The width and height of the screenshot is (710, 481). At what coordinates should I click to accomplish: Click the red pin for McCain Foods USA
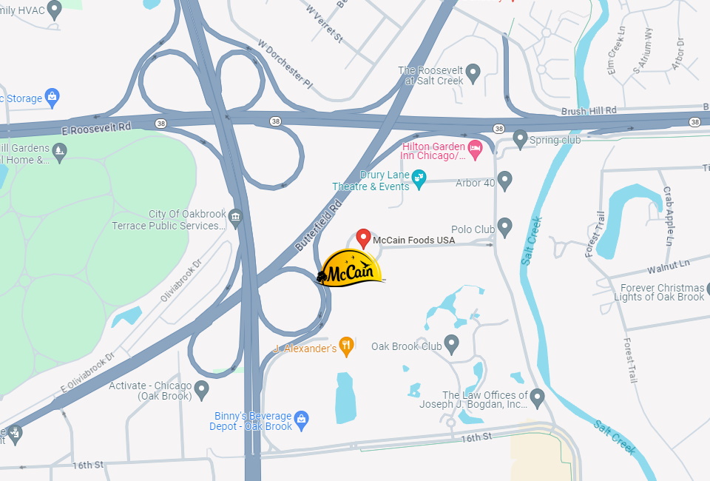363,238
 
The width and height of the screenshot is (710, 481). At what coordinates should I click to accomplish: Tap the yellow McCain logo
351,269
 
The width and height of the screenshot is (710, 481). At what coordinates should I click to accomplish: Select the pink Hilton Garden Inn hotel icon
476,149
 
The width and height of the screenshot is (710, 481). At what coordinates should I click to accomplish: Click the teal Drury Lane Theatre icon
419,179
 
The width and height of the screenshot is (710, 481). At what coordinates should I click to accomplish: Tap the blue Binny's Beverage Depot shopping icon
301,420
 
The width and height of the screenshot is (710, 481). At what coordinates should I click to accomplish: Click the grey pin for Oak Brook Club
451,343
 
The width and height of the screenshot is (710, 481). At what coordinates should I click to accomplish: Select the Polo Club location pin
505,226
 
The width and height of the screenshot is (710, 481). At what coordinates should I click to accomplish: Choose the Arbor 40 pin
505,180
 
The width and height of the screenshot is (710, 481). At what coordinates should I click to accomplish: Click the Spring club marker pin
520,138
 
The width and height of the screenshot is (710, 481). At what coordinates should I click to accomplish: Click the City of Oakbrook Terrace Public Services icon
235,217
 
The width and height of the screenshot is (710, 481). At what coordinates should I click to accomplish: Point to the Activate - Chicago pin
201,388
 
